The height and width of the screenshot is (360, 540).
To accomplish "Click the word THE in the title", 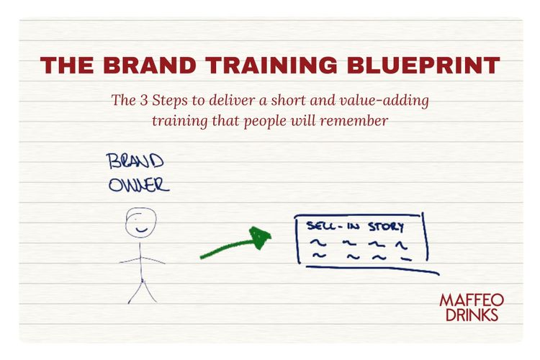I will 67,66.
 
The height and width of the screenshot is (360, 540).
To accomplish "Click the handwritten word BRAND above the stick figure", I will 135,161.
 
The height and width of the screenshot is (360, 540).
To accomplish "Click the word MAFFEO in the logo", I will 472,300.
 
